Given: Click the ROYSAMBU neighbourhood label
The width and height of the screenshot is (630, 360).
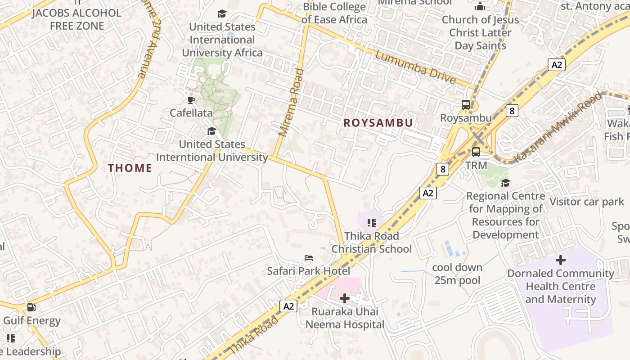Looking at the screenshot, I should click(x=378, y=123).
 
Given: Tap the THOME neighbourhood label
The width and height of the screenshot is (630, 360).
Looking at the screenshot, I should click(x=130, y=168).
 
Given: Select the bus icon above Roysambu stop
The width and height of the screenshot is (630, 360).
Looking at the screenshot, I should click(x=466, y=105).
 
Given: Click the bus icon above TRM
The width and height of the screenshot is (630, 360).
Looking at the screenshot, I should click(x=476, y=152).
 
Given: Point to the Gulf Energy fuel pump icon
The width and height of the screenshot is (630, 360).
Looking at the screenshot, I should click(x=31, y=308).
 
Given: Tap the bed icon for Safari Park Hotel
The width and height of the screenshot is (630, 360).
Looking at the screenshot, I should click(x=309, y=258).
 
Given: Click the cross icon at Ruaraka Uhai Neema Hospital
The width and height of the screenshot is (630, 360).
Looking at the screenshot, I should click(x=345, y=298).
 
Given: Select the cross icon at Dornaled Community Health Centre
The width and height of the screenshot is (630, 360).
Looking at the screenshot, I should click(x=561, y=260).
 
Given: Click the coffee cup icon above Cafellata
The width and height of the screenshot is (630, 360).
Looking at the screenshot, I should click(x=191, y=99).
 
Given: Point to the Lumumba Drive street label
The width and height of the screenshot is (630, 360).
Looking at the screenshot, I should click(x=415, y=67).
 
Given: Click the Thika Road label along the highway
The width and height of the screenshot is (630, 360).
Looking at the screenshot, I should click(x=253, y=334).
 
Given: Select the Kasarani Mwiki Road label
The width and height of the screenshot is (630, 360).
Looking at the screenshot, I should click(x=557, y=127).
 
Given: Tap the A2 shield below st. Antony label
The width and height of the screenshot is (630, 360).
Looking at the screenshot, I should click(x=557, y=65).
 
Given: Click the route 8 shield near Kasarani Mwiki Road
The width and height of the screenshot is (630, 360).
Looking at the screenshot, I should click(x=512, y=110).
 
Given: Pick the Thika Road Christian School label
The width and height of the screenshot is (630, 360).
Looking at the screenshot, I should click(x=371, y=243).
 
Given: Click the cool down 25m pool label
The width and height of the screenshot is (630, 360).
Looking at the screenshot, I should click(x=457, y=274).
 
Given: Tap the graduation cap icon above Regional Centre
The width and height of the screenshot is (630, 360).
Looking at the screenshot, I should click(x=505, y=183).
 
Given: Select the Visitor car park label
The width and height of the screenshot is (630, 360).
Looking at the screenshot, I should click(x=587, y=202).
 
